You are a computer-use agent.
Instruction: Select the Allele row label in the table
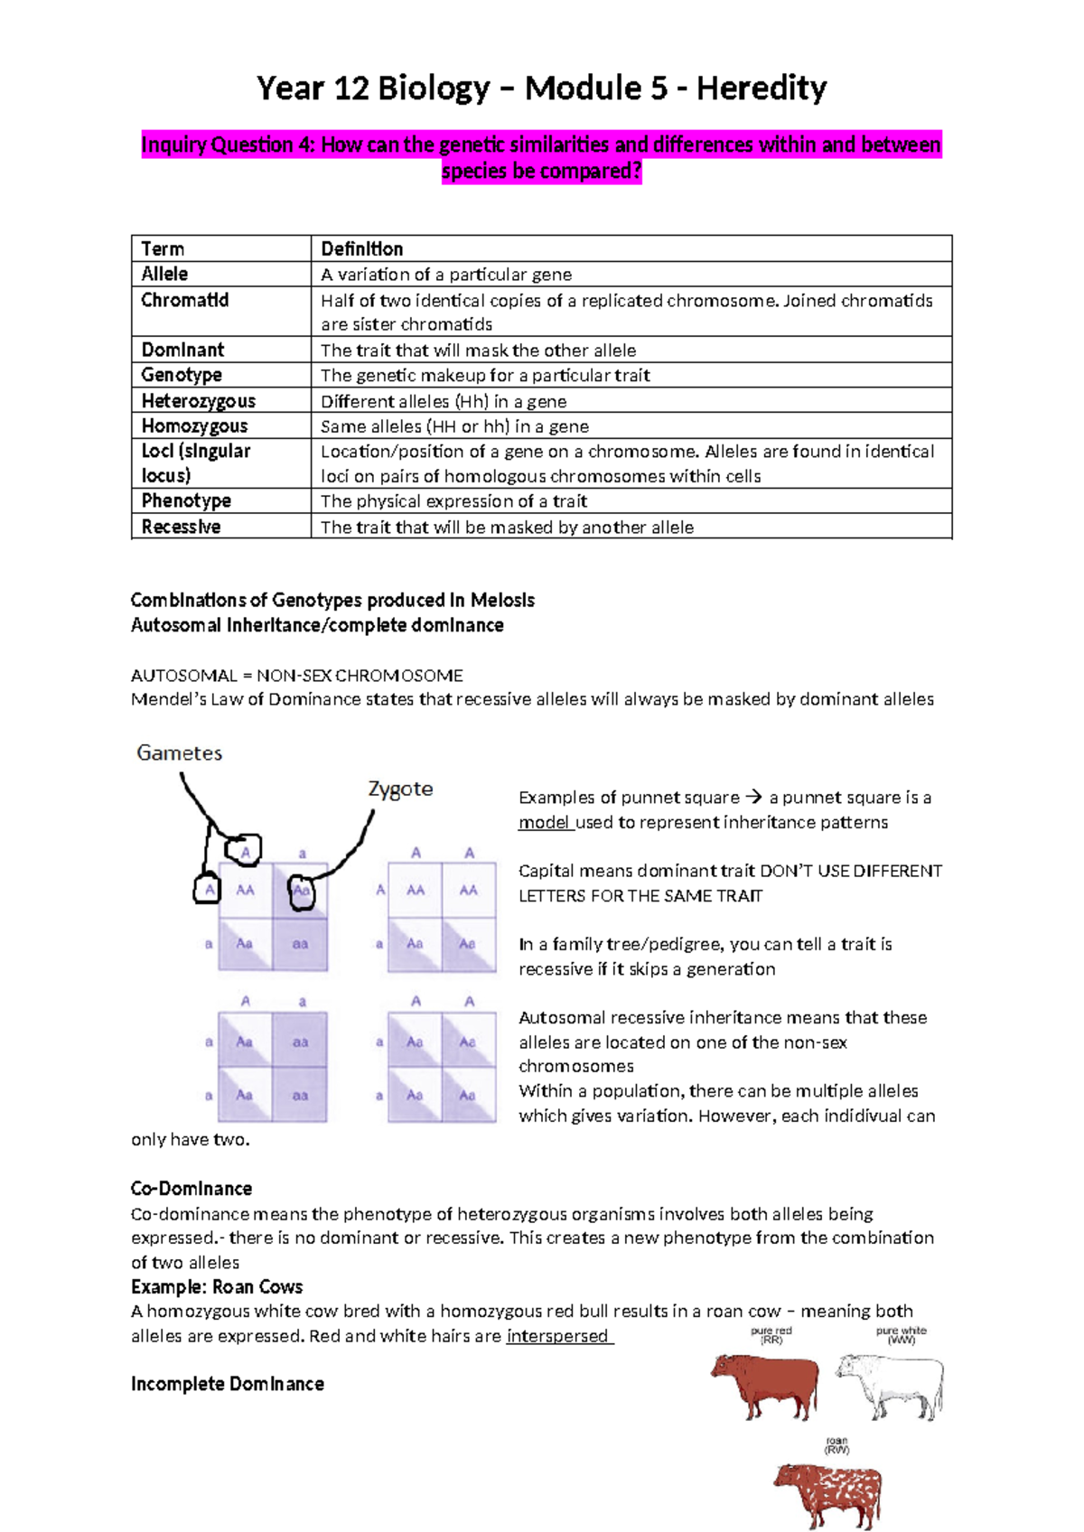coord(164,274)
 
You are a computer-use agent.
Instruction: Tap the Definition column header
coord(362,248)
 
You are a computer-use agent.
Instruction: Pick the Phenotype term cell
coord(186,500)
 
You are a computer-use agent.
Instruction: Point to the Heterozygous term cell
coord(198,401)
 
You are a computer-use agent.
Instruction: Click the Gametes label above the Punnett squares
coord(179,752)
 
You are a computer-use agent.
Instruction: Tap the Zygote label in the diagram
coord(400,789)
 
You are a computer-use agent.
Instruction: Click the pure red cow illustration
coord(765,1383)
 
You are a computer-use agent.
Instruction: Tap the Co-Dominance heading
coord(192,1189)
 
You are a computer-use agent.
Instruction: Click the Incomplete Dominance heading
coord(228,1384)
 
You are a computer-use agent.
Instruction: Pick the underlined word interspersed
coord(557,1336)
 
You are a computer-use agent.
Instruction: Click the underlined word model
coord(544,822)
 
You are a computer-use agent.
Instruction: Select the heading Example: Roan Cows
coord(217,1286)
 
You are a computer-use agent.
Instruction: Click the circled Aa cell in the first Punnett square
coord(302,892)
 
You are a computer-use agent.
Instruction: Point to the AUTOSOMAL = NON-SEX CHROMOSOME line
coord(297,676)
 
